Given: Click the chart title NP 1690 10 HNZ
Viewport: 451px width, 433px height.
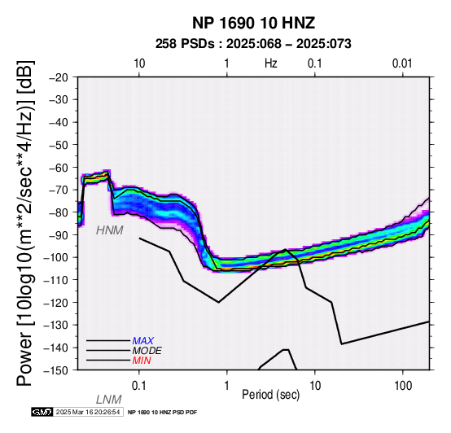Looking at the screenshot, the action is pyautogui.click(x=253, y=23).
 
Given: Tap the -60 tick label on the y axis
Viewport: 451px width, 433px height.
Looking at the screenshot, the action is pyautogui.click(x=59, y=168).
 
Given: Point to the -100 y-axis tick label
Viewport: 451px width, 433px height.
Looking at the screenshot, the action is pyautogui.click(x=56, y=257).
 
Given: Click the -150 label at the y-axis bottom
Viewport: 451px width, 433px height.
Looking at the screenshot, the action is pyautogui.click(x=56, y=370).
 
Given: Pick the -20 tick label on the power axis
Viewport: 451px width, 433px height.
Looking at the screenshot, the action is pyautogui.click(x=59, y=77).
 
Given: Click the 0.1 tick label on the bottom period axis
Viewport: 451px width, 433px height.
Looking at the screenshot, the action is pyautogui.click(x=139, y=386).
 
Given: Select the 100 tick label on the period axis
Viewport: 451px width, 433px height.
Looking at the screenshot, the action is pyautogui.click(x=403, y=386).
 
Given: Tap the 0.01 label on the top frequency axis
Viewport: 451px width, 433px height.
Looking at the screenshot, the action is pyautogui.click(x=402, y=63).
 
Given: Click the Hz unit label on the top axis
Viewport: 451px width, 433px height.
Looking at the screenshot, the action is pyautogui.click(x=270, y=63).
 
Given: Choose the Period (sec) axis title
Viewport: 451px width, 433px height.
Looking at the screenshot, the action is pyautogui.click(x=270, y=395).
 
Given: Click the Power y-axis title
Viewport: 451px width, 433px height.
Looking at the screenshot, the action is pyautogui.click(x=25, y=224).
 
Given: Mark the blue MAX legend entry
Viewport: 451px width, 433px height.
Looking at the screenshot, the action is pyautogui.click(x=143, y=341).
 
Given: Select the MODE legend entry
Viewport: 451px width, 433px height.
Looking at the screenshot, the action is pyautogui.click(x=147, y=351).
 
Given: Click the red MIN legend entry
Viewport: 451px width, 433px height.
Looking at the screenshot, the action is pyautogui.click(x=142, y=361).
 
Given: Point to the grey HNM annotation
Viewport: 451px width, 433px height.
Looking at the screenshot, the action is pyautogui.click(x=110, y=230).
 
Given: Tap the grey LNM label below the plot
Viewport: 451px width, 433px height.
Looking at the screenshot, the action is pyautogui.click(x=109, y=400).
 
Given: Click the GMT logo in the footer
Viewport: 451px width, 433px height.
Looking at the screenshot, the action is pyautogui.click(x=42, y=412).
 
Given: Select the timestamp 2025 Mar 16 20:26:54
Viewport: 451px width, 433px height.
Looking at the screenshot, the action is pyautogui.click(x=88, y=412).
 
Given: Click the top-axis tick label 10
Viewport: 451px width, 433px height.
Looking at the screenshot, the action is pyautogui.click(x=139, y=63).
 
